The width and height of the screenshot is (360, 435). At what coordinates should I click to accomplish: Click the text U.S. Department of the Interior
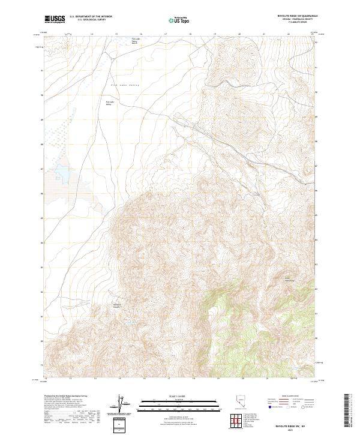coord(91,17)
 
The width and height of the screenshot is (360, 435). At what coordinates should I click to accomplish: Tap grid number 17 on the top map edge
coord(166,35)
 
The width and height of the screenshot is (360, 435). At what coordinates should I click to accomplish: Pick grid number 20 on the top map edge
coord(239,35)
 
